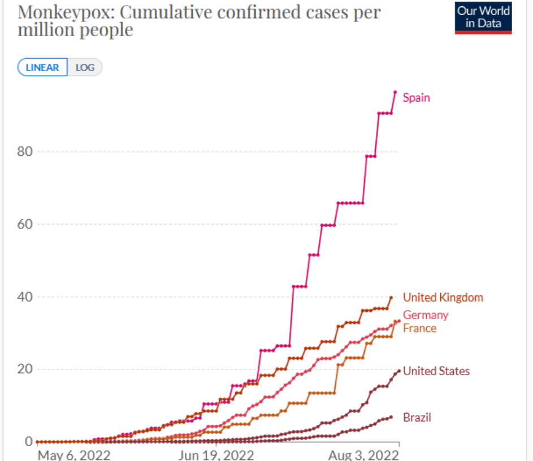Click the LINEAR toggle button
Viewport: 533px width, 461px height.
42,68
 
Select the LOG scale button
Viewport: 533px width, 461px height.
85,68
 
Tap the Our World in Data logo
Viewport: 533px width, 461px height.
483,18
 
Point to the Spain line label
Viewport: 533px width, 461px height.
416,98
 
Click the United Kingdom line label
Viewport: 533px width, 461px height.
443,298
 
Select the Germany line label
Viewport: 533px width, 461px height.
426,315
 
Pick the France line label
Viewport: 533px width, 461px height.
419,328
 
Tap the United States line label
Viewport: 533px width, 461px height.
436,371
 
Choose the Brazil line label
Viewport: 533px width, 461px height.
417,417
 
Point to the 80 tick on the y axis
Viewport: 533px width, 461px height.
25,151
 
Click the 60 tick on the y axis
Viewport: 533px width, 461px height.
25,224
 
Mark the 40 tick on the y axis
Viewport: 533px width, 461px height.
25,297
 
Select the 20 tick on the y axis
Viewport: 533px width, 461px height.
25,369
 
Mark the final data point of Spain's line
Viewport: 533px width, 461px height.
395,92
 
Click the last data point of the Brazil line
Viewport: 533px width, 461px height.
391,417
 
